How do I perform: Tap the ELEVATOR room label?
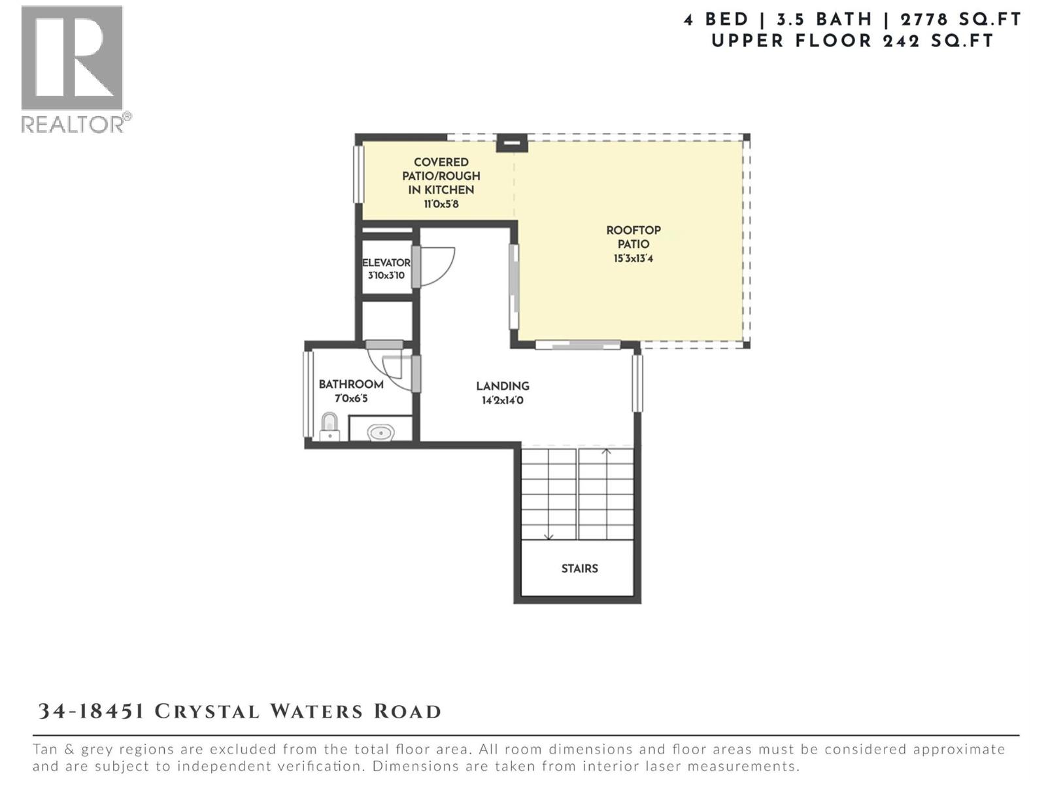(386, 263)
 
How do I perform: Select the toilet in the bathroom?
(329, 427)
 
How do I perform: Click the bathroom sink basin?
(380, 432)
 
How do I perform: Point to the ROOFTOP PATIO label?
(633, 237)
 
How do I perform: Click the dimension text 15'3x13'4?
(633, 258)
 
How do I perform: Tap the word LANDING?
(502, 386)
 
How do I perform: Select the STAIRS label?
(579, 568)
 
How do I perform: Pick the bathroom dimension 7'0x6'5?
(351, 398)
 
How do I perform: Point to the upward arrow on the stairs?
(606, 453)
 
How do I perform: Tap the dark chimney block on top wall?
(511, 142)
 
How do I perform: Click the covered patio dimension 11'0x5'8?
(441, 204)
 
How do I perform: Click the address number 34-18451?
(91, 711)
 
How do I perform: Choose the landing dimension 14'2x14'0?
(502, 400)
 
